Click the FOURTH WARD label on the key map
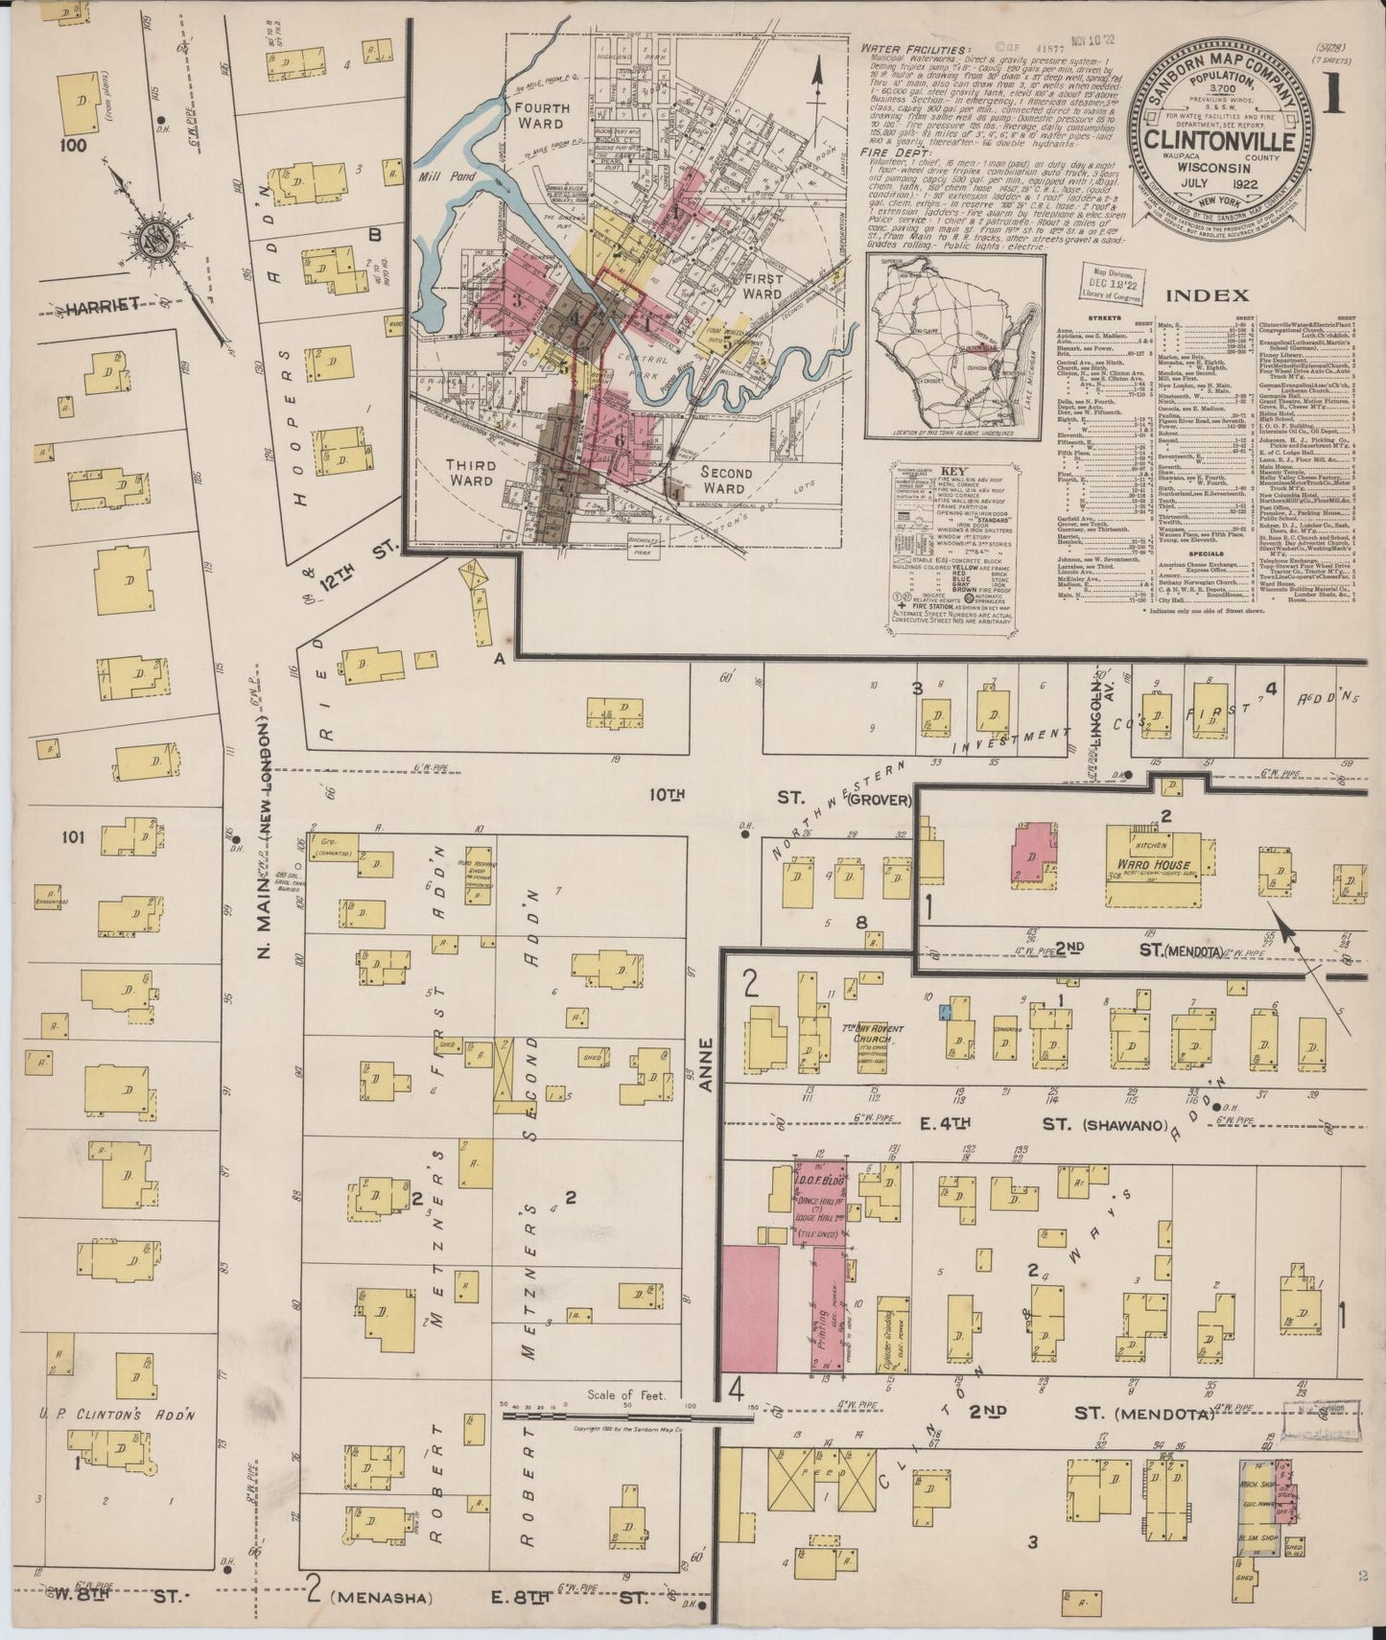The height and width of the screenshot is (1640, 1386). tap(542, 115)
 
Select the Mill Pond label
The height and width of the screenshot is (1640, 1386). tap(442, 176)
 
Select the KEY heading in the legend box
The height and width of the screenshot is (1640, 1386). tap(954, 472)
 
